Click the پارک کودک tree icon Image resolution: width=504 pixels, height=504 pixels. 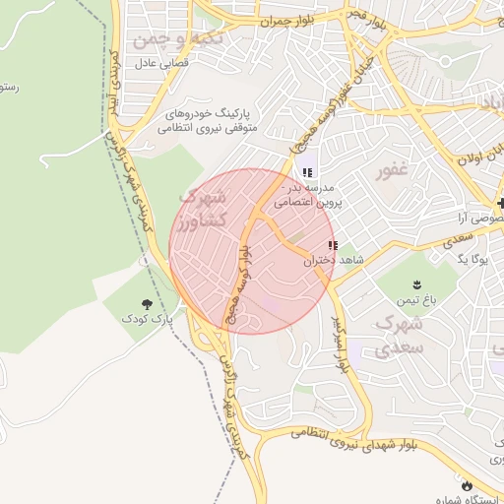147,303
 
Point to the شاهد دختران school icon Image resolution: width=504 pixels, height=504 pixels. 333,245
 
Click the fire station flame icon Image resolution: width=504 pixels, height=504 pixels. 466,485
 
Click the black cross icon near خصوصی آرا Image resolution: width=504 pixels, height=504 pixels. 500,203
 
